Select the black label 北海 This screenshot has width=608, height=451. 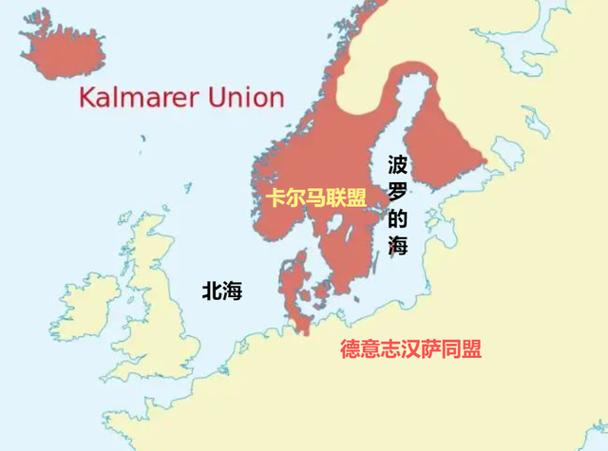click(221, 291)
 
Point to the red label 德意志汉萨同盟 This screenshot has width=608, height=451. click(410, 348)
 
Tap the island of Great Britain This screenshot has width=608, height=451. click(152, 313)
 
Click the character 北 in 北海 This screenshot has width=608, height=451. click(211, 291)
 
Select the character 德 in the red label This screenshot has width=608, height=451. click(350, 348)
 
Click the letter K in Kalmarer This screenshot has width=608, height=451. click(87, 98)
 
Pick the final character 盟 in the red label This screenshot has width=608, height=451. click(472, 348)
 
